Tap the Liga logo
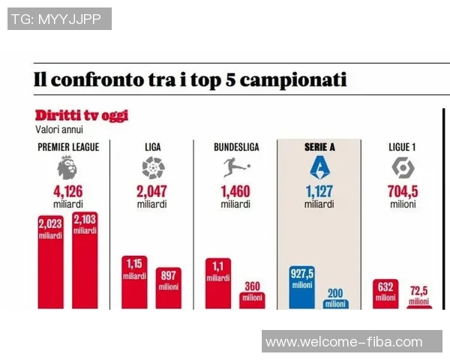(x=153, y=167)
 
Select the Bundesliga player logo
(x=236, y=167)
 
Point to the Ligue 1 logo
(x=402, y=167)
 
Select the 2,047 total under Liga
(x=153, y=191)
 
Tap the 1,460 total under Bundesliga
(x=236, y=191)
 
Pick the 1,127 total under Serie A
(x=319, y=191)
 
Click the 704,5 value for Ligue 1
(x=402, y=191)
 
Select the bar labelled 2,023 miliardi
(x=50, y=262)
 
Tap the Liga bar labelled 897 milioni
(x=168, y=289)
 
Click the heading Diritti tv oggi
(x=82, y=115)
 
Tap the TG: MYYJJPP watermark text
(x=60, y=19)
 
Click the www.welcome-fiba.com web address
(x=344, y=342)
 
